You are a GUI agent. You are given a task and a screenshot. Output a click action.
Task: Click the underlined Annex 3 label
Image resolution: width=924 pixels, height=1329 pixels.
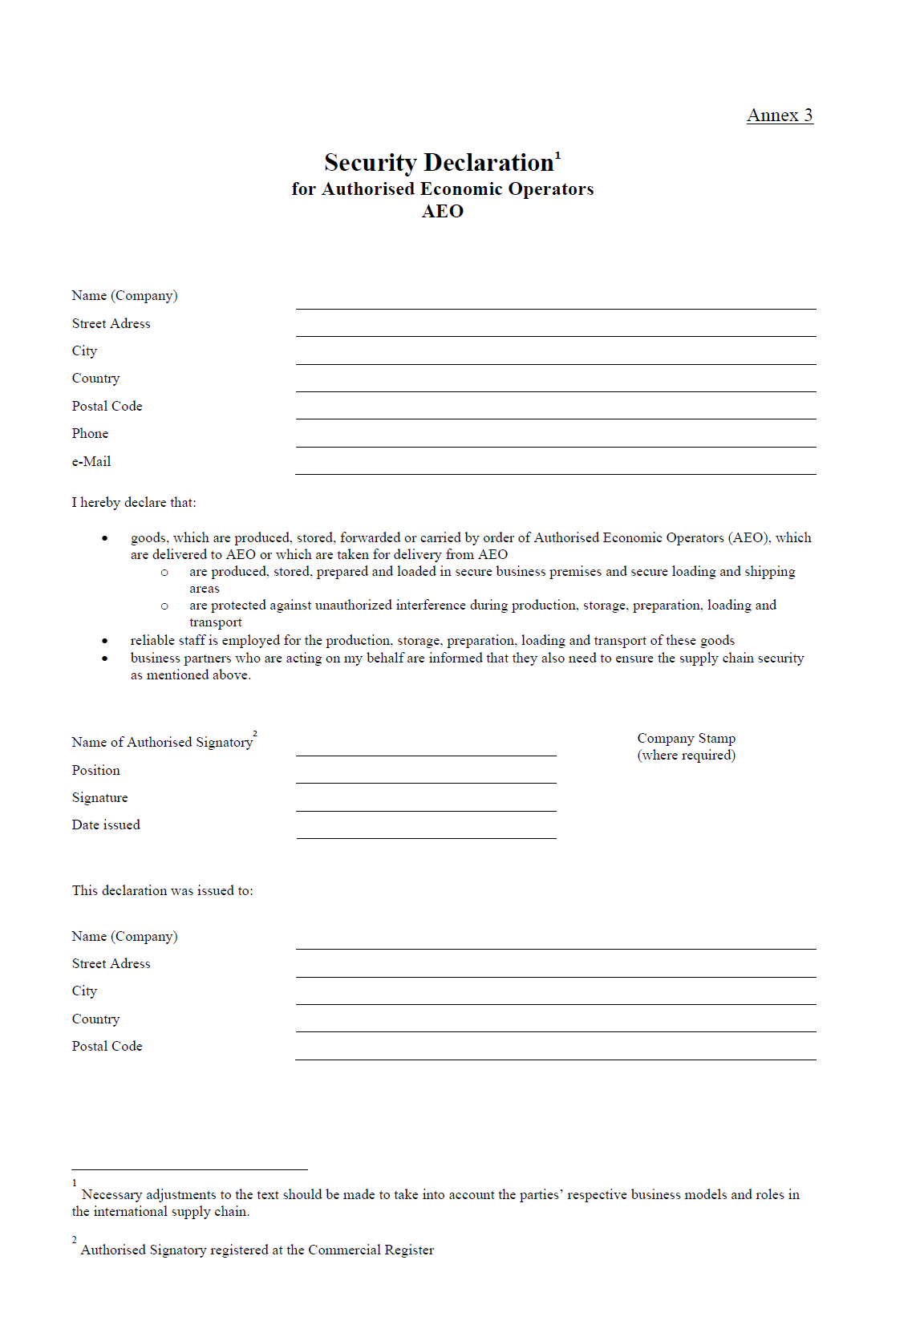point(780,115)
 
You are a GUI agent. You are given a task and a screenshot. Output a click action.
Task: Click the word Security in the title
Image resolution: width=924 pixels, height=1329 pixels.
point(370,163)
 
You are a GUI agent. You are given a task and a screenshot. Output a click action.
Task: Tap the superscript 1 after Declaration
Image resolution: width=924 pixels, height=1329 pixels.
point(557,155)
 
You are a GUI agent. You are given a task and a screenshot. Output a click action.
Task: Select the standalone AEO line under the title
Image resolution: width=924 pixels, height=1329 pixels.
point(443,211)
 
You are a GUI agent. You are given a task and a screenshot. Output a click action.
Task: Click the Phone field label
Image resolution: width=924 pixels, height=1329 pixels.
point(90,434)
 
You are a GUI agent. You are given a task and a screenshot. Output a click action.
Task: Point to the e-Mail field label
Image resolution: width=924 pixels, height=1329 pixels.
point(91,461)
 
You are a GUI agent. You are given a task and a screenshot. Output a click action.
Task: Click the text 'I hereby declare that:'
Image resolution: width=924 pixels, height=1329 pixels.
point(134,503)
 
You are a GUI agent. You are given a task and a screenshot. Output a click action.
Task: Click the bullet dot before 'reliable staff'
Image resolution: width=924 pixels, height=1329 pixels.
point(105,641)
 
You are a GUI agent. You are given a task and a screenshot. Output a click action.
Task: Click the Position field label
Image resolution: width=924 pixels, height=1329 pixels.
point(95,771)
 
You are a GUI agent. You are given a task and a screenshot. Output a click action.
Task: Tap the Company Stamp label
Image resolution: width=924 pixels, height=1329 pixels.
point(686,739)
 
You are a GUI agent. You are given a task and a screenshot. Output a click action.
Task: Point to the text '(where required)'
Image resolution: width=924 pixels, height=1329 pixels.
point(686,756)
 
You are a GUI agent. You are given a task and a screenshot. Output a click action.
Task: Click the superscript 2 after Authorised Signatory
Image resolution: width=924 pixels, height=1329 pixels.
point(255,733)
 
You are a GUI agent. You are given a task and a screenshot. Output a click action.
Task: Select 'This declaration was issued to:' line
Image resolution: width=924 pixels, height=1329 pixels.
point(162,891)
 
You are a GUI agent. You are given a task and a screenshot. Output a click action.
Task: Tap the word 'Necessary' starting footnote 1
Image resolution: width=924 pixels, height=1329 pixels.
point(111,1195)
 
